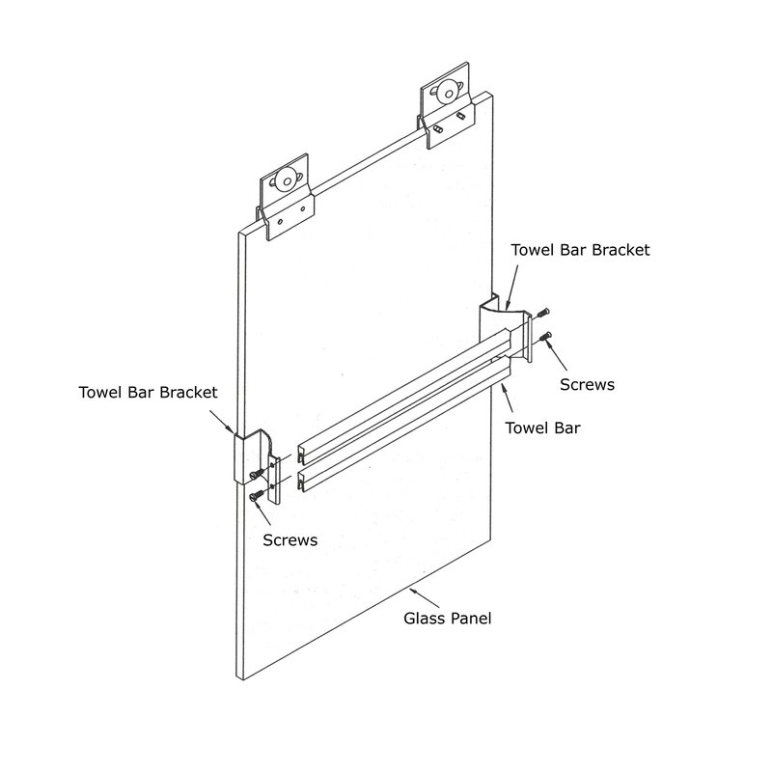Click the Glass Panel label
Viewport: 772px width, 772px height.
[447, 619]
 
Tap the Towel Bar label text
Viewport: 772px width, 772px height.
[542, 427]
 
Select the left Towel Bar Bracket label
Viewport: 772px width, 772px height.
[148, 393]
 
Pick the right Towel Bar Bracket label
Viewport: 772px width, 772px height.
[580, 250]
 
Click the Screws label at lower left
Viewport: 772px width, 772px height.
[290, 540]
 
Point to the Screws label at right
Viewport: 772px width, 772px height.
[587, 384]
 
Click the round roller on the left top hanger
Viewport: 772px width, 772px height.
[285, 179]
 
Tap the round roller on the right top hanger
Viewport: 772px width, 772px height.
[448, 91]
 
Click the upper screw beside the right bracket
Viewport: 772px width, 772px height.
[543, 312]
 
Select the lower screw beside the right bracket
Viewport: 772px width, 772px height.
[544, 337]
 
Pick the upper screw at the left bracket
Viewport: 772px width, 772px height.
[256, 473]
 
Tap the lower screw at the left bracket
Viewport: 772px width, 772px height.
[256, 495]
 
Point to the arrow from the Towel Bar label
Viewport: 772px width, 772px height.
[507, 398]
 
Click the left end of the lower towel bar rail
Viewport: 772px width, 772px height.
[301, 481]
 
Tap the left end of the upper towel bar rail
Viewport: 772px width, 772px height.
[301, 455]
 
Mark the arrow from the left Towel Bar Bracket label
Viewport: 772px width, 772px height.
[222, 422]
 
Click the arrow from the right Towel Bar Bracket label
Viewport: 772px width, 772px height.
[511, 288]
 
